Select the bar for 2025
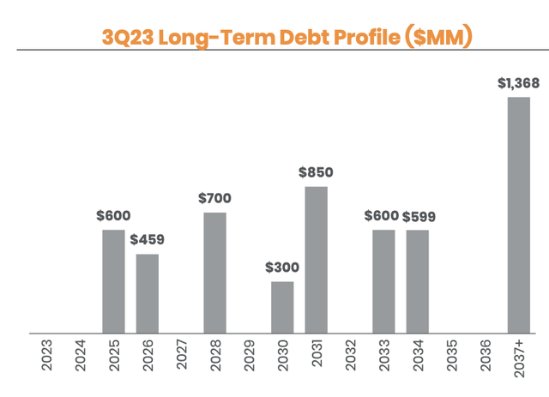click(x=113, y=280)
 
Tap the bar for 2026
click(x=148, y=292)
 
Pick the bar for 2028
click(x=214, y=272)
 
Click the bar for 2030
click(x=282, y=306)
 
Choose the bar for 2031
click(x=316, y=259)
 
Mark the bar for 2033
click(x=383, y=280)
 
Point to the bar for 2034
click(x=418, y=280)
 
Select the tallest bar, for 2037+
click(x=519, y=214)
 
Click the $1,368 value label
click(x=518, y=83)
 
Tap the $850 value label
click(x=316, y=172)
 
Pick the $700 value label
click(x=214, y=198)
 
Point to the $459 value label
click(x=148, y=239)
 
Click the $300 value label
click(x=282, y=267)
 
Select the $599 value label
click(x=418, y=217)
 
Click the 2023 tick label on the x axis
click(x=47, y=355)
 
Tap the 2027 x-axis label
click(x=182, y=355)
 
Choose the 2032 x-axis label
click(x=350, y=355)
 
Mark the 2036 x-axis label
click(x=485, y=355)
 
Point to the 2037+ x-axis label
click(x=519, y=358)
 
